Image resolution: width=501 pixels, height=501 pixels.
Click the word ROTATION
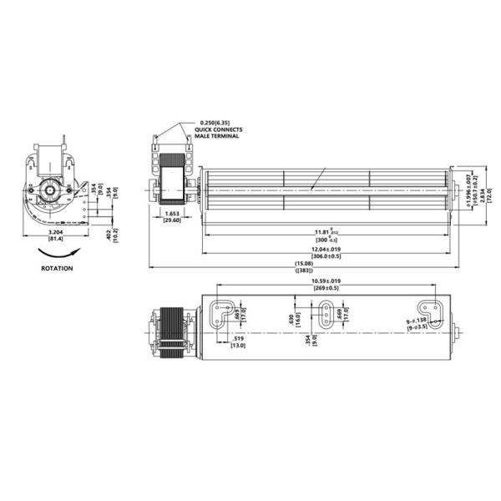click(57, 269)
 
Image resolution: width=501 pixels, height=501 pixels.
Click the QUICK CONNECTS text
click(219, 131)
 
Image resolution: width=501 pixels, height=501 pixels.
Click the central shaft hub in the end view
click(49, 190)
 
